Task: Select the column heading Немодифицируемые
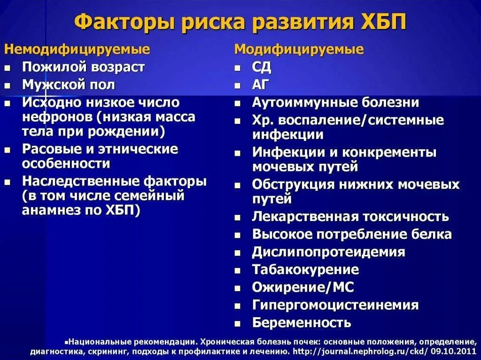click(x=77, y=49)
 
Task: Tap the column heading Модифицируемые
click(x=299, y=49)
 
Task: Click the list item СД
click(x=262, y=67)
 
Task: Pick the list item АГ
click(x=261, y=85)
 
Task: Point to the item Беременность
click(x=302, y=323)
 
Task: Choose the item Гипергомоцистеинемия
click(x=335, y=305)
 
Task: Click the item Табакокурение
click(x=305, y=270)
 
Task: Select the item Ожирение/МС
click(x=303, y=287)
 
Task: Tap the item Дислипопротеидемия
click(x=328, y=252)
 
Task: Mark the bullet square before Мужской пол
click(x=8, y=86)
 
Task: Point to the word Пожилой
click(x=47, y=67)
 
